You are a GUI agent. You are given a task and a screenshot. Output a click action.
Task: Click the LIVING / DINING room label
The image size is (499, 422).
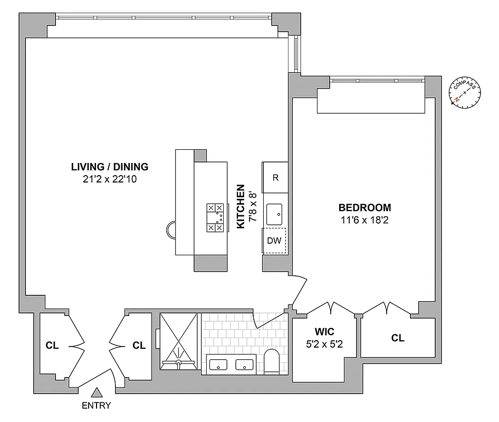click(110, 167)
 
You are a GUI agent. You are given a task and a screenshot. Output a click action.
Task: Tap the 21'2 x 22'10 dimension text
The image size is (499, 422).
click(110, 179)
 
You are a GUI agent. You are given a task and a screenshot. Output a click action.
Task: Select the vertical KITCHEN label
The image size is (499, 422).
click(241, 206)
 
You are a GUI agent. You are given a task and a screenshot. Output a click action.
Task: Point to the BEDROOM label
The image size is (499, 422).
click(364, 207)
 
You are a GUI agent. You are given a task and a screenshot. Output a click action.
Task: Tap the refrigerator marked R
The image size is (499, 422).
click(275, 178)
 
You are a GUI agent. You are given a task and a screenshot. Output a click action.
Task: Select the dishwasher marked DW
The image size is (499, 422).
click(274, 241)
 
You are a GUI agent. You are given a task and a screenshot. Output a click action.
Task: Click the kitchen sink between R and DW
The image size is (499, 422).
click(275, 214)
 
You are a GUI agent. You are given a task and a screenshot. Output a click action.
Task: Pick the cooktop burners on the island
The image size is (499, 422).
click(215, 217)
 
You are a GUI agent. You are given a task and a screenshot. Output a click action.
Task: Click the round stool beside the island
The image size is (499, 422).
click(172, 229)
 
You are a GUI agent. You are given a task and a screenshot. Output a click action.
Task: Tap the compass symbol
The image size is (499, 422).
click(466, 92)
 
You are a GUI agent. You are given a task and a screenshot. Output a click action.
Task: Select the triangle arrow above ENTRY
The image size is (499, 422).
click(97, 392)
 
